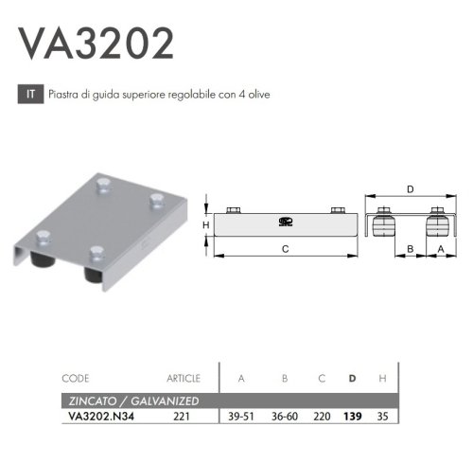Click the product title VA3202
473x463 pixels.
tap(96, 43)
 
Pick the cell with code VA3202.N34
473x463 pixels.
tap(99, 415)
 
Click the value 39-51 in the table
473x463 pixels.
tap(241, 415)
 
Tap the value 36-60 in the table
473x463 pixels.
tap(285, 415)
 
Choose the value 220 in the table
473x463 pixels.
tap(323, 415)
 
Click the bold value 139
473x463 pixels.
tap(353, 415)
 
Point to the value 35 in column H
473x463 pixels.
tap(380, 415)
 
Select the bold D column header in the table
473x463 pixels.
tap(353, 379)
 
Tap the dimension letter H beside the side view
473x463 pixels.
tap(204, 225)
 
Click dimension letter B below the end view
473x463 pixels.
tap(410, 249)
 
